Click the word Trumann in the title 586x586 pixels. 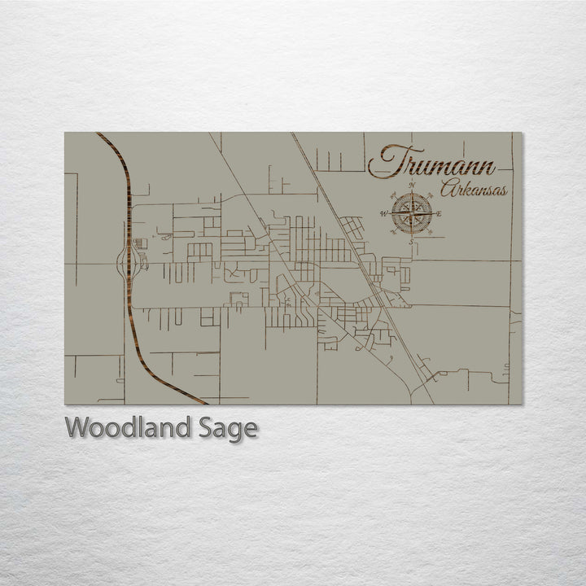pyautogui.click(x=431, y=163)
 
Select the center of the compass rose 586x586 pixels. pyautogui.click(x=411, y=214)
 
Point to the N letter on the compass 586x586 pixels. pyautogui.click(x=412, y=187)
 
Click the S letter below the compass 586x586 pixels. pyautogui.click(x=411, y=241)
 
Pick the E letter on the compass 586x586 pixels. pyautogui.click(x=439, y=214)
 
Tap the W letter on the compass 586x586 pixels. pyautogui.click(x=383, y=214)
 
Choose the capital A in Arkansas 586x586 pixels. pyautogui.click(x=448, y=190)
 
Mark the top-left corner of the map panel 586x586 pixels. pyautogui.click(x=65, y=133)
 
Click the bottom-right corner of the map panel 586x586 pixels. pyautogui.click(x=523, y=404)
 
